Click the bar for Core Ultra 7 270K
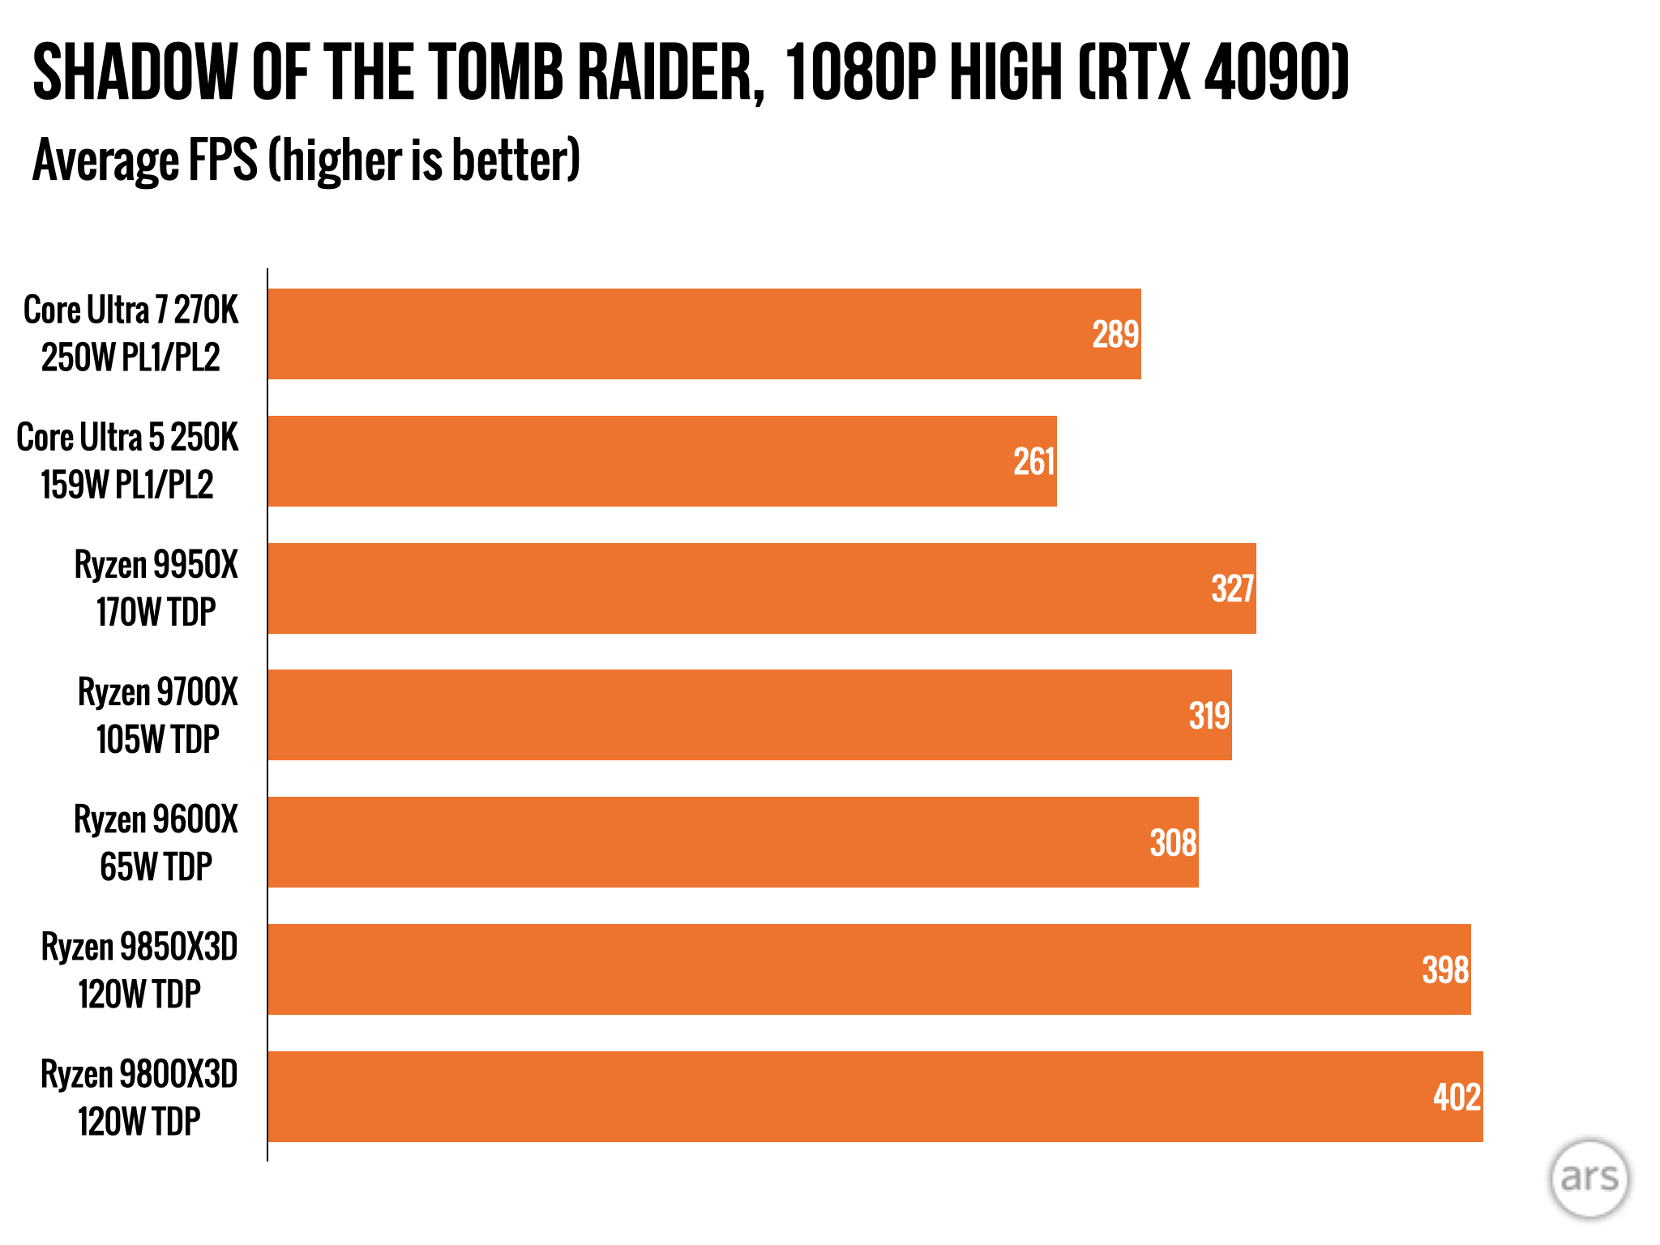704,334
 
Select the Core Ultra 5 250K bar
661,461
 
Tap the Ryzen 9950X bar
761,588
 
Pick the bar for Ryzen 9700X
749,715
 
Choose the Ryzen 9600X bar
733,842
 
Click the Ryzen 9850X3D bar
869,969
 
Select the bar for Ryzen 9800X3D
875,1097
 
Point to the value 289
1115,335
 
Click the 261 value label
1033,462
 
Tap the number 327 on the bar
1232,589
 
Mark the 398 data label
1445,970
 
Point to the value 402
1457,1097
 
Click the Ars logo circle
1589,1179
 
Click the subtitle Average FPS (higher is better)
306,160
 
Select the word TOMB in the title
496,73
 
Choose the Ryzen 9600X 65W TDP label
156,843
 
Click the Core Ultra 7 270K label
130,334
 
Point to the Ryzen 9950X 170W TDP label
156,588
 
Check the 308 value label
1173,843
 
